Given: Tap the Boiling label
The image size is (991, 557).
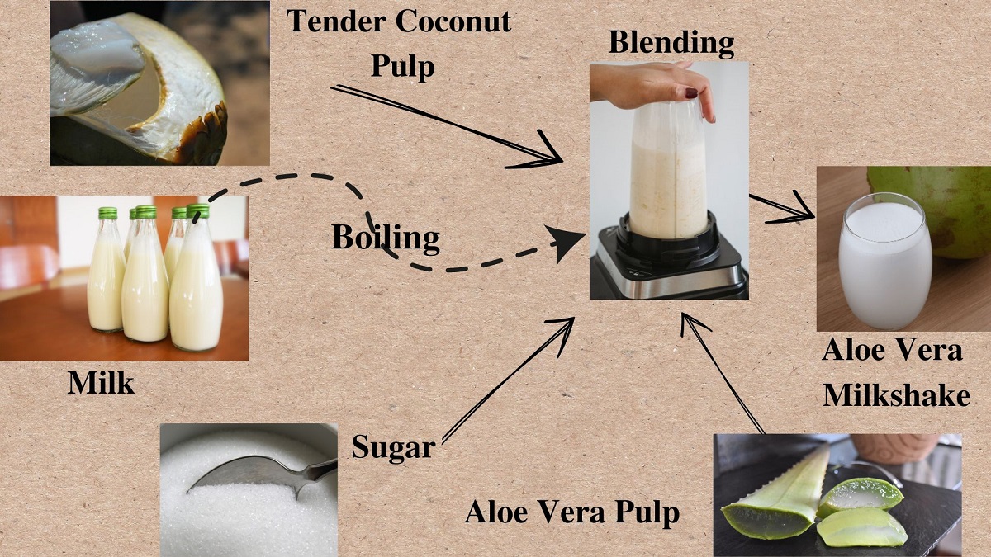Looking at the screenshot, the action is coord(386,238).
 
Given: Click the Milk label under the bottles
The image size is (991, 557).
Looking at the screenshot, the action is coord(101,383).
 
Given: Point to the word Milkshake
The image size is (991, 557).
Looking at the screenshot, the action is coord(896,394).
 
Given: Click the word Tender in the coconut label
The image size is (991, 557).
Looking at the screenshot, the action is coord(336,21).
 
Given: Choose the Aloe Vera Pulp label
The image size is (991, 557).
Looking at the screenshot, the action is coord(572,512).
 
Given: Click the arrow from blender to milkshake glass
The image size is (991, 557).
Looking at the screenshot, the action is coord(782,207).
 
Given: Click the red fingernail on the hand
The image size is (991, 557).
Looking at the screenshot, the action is coord(691,93).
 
